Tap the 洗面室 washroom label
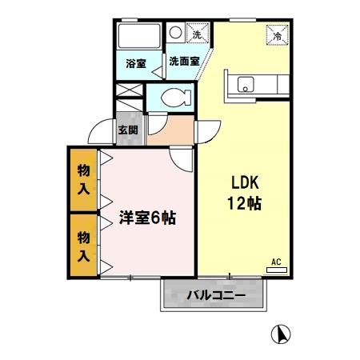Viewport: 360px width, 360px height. pyautogui.click(x=183, y=62)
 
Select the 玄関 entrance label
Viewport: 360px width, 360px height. pyautogui.click(x=128, y=130)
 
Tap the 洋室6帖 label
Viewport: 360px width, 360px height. pyautogui.click(x=149, y=218)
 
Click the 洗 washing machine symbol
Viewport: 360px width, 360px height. pyautogui.click(x=197, y=34)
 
